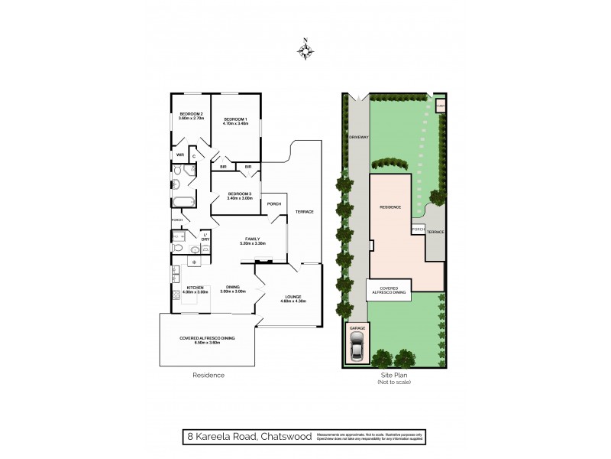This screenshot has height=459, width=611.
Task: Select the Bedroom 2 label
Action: (x=190, y=115)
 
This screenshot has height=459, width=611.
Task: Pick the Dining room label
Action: (x=232, y=288)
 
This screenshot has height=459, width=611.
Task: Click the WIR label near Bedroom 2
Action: (x=180, y=155)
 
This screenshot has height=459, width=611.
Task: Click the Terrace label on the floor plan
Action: (x=305, y=211)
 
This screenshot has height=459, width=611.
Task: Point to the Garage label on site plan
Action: (x=357, y=327)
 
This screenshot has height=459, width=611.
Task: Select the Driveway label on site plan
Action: (x=359, y=137)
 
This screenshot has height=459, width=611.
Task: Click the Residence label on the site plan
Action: (x=391, y=207)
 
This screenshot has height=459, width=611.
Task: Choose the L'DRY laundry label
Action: (x=205, y=236)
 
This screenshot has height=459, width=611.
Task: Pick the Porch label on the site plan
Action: (x=418, y=229)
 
